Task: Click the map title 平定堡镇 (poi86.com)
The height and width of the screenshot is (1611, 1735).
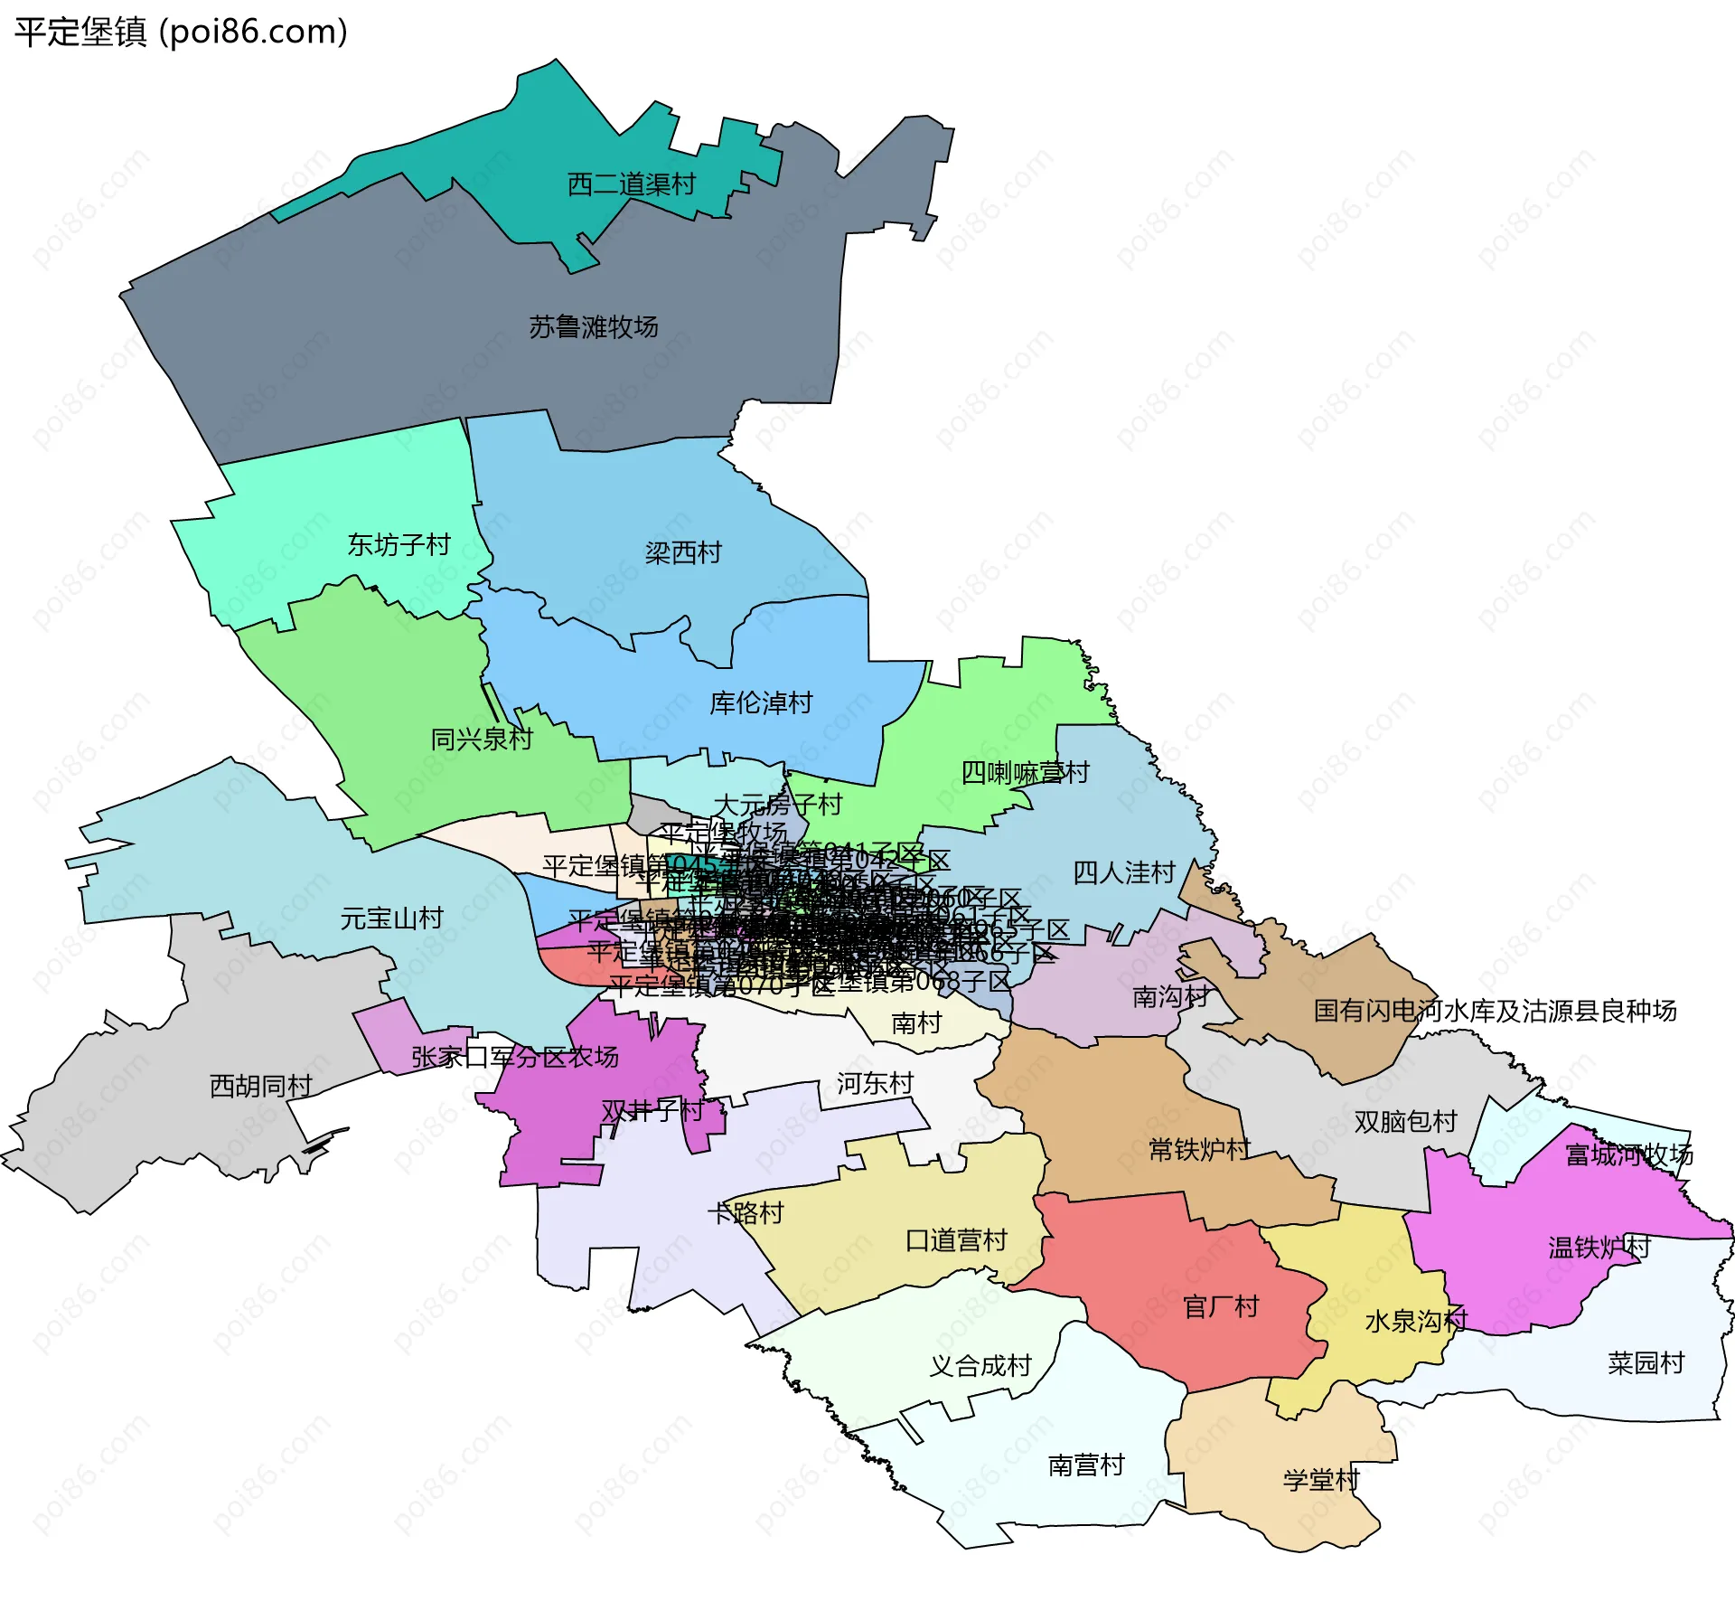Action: coord(181,32)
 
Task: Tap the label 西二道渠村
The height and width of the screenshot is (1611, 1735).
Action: coord(631,184)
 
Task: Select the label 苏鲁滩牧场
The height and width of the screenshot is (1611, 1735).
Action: coord(593,326)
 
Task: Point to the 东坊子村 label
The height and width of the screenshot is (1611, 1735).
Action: coord(399,544)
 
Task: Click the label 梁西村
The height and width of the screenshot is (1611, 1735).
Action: coord(683,552)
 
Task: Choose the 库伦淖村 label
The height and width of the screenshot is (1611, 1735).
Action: coord(761,702)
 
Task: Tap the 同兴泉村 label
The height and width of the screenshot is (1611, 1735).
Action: coord(481,739)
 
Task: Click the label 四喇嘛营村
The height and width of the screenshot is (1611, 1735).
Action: coord(1025,773)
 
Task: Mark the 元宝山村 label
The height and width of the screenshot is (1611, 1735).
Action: coord(391,919)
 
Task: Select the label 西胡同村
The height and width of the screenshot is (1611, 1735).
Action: coord(260,1086)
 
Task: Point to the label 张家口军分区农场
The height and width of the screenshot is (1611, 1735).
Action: coord(514,1057)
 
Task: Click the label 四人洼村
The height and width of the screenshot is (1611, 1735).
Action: coord(1123,872)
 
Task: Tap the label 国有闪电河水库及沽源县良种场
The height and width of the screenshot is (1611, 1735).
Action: coord(1495,1011)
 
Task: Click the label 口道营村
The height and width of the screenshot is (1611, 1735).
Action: coord(956,1240)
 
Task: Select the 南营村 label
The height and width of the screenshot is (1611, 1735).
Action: coord(1085,1465)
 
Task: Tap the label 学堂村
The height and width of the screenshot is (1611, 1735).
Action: coord(1320,1480)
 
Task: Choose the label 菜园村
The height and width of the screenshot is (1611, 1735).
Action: coord(1646,1362)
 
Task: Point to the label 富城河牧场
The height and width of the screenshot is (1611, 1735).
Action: coord(1628,1154)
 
